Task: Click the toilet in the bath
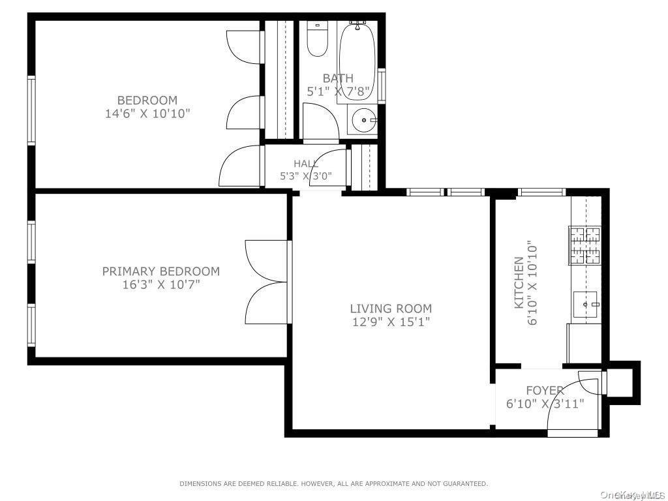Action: click(318, 40)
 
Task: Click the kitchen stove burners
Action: click(584, 245)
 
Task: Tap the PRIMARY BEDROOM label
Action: click(160, 271)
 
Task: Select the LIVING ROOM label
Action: click(391, 309)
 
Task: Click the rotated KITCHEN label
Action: click(519, 282)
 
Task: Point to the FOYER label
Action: click(545, 391)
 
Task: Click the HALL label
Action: click(306, 164)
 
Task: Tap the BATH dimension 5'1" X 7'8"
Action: click(339, 91)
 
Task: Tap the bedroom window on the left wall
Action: click(31, 110)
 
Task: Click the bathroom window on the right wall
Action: click(382, 85)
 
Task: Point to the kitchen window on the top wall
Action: click(541, 192)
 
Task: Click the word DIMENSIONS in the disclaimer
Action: click(202, 484)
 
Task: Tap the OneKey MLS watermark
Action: click(631, 495)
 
